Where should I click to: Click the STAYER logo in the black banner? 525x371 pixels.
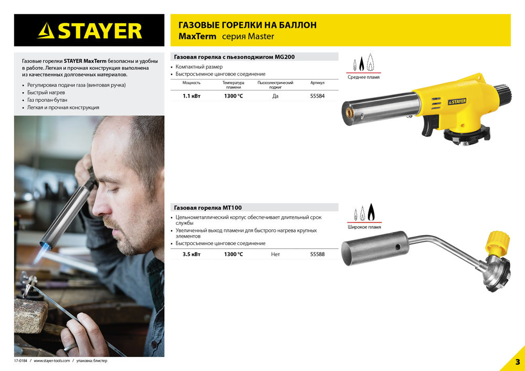tap(89, 30)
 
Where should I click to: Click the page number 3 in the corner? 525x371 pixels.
tap(517, 362)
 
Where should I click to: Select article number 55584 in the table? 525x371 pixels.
tap(317, 96)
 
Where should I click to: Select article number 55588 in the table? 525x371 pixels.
tap(317, 254)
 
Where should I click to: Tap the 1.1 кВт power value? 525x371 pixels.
tap(191, 96)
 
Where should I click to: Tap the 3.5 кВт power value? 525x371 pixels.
tap(191, 254)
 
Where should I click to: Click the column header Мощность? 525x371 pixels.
tap(191, 83)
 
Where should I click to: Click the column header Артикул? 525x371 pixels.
tap(317, 83)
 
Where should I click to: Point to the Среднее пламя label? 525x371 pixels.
tap(363, 77)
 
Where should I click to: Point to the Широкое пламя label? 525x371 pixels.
tap(364, 227)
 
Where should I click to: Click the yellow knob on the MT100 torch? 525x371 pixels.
tap(497, 242)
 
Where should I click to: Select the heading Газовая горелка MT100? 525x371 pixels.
tap(207, 208)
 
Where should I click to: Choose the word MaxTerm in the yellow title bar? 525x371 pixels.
tap(197, 37)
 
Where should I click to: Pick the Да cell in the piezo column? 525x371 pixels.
tap(275, 96)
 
